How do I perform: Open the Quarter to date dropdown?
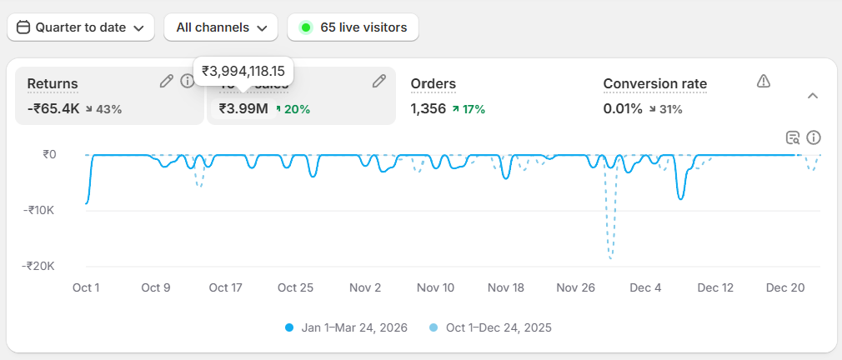pos(81,27)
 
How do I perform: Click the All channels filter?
pos(221,27)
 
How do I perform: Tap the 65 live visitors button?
pos(353,27)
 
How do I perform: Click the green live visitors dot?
pos(306,27)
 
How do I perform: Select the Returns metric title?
pos(53,84)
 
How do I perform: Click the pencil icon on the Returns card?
pos(167,81)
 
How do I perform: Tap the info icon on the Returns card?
pos(188,81)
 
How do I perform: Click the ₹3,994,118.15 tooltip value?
pos(243,72)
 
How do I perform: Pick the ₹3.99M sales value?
pos(243,108)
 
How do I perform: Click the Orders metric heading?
pos(433,84)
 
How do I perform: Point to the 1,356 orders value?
pos(428,108)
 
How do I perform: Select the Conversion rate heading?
pos(654,84)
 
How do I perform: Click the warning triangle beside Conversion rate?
pos(763,81)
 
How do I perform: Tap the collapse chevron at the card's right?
pos(813,96)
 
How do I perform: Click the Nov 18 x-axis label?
pos(505,287)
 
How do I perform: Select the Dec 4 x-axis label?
pos(645,287)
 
